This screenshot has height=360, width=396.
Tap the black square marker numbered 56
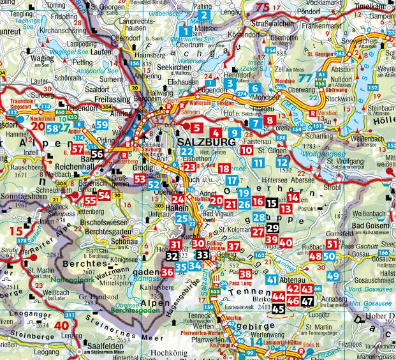click(x=98, y=154)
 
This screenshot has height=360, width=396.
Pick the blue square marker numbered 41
click(x=272, y=280)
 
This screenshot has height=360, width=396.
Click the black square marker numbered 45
click(x=278, y=309)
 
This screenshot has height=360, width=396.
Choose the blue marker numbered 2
click(x=204, y=15)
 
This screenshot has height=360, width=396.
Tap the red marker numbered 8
click(x=271, y=119)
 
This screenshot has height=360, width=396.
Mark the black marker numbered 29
click(x=272, y=229)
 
